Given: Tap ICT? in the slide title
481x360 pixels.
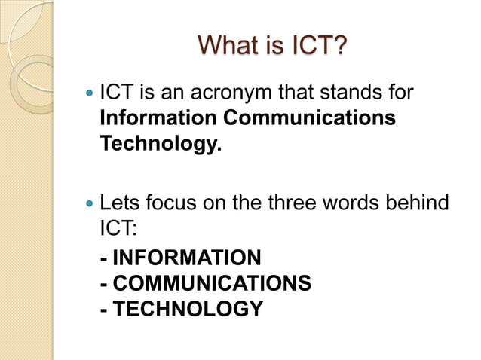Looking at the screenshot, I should tap(320, 46).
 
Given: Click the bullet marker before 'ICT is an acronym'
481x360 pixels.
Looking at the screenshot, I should tap(91, 96).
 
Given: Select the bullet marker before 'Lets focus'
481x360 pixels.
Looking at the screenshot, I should tap(91, 203).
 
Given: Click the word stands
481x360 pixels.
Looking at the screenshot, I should tap(352, 96).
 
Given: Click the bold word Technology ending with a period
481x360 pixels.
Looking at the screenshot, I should tap(161, 144).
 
